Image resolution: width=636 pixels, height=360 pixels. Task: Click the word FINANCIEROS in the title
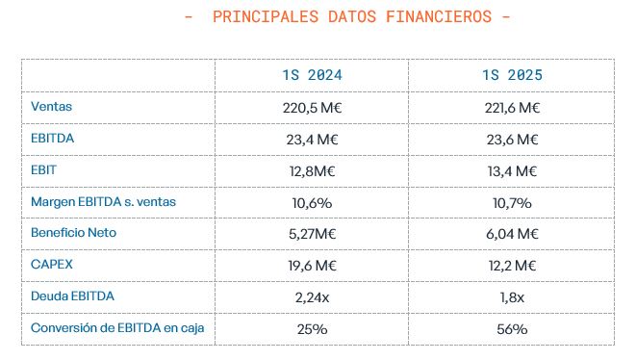(435, 17)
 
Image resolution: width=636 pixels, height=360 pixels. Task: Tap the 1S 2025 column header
(511, 75)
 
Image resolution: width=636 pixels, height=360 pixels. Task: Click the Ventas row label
(52, 107)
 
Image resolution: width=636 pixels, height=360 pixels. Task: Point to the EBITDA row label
(53, 139)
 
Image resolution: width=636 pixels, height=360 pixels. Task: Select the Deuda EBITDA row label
(72, 296)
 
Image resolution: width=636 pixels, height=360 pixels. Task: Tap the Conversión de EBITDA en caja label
(117, 328)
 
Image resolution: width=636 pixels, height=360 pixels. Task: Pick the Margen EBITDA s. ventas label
(103, 202)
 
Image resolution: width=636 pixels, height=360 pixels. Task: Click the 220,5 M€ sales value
(311, 108)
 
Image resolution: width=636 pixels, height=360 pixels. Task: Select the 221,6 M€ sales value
(511, 108)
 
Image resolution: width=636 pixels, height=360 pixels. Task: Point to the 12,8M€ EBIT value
(311, 170)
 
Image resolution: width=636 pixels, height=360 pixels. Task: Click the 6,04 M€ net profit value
(511, 234)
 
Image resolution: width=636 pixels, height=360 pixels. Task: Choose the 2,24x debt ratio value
(311, 297)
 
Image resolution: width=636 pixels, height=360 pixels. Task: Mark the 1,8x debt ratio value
(511, 297)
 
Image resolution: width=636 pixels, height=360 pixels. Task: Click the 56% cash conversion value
(511, 329)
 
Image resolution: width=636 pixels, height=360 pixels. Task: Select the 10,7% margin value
(511, 202)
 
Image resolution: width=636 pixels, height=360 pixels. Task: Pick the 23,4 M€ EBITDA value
(311, 140)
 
